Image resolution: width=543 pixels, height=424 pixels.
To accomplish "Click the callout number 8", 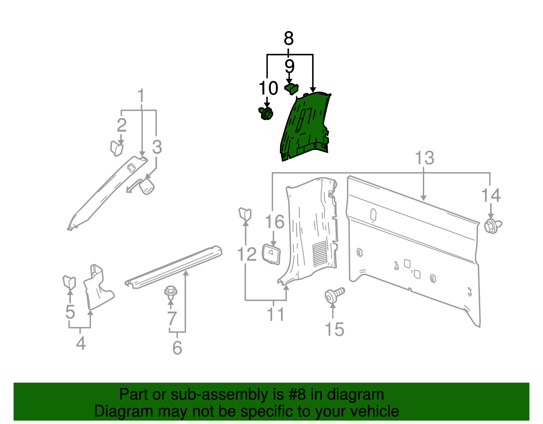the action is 288,38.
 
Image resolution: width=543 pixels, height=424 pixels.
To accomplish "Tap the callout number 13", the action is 425,158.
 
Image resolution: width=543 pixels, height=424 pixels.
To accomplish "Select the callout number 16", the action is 275,222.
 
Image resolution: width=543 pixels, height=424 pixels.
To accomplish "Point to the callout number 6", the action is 177,348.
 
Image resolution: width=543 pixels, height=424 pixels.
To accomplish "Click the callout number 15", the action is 334,329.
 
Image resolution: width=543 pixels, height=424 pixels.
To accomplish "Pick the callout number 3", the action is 157,147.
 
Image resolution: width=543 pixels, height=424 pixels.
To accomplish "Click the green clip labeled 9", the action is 292,89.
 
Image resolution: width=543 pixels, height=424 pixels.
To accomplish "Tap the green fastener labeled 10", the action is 266,113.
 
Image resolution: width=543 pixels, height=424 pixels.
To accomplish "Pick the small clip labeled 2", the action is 116,148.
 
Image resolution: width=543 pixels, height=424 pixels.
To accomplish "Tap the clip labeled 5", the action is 69,282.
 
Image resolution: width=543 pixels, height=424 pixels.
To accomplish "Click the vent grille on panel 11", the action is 320,253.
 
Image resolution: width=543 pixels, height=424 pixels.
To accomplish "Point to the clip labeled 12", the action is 245,215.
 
